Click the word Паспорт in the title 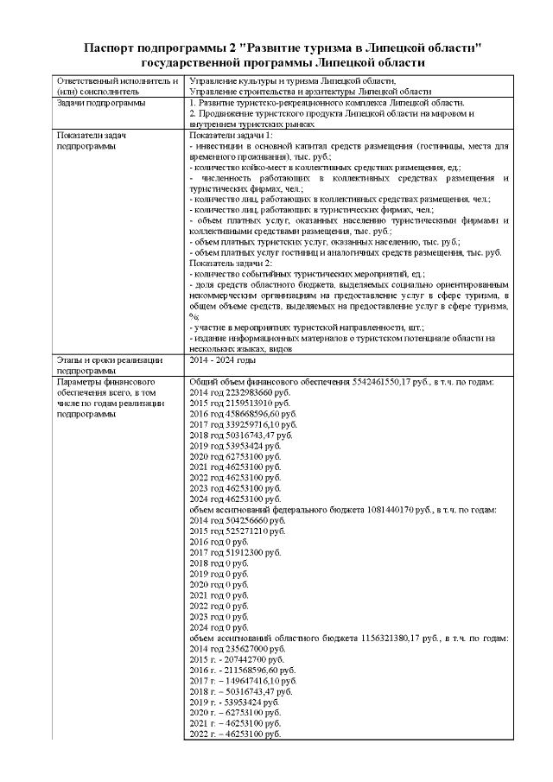click(x=115, y=47)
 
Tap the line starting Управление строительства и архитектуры click(x=309, y=91)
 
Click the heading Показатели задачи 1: click(x=231, y=137)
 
